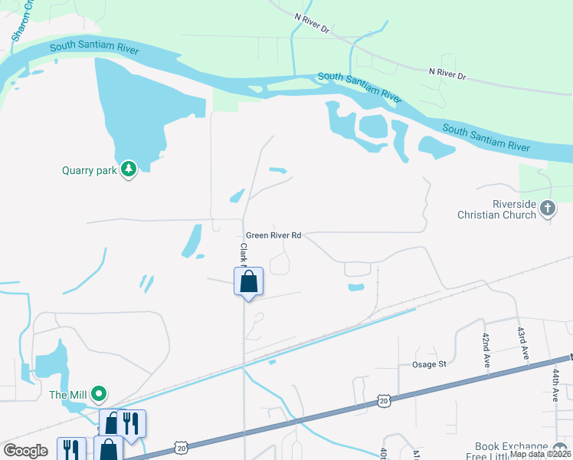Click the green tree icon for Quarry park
click(x=129, y=169)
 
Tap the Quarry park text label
click(x=90, y=170)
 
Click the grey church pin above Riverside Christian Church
click(x=547, y=208)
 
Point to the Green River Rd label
click(x=273, y=236)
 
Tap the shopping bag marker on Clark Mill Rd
click(x=248, y=282)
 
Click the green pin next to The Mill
click(x=98, y=394)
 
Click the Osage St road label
click(x=429, y=365)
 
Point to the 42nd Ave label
click(x=486, y=350)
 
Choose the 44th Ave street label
click(x=555, y=385)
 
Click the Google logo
click(x=26, y=451)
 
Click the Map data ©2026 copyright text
click(x=540, y=454)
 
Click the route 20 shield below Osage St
click(x=385, y=399)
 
